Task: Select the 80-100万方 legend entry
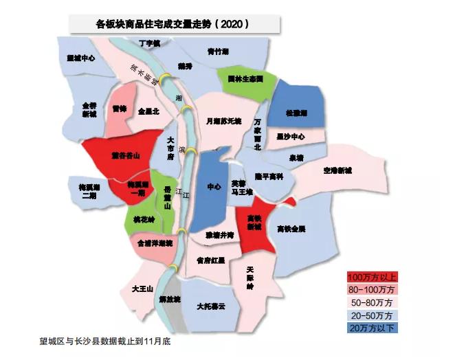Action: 372,289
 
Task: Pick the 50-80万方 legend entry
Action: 372,302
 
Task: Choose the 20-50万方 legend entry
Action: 372,315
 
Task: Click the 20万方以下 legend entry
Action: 372,328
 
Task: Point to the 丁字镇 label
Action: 149,43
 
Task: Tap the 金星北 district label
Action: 148,110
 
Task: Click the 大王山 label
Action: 142,289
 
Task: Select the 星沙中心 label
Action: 290,136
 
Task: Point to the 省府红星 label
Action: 210,261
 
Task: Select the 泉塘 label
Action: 296,157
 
